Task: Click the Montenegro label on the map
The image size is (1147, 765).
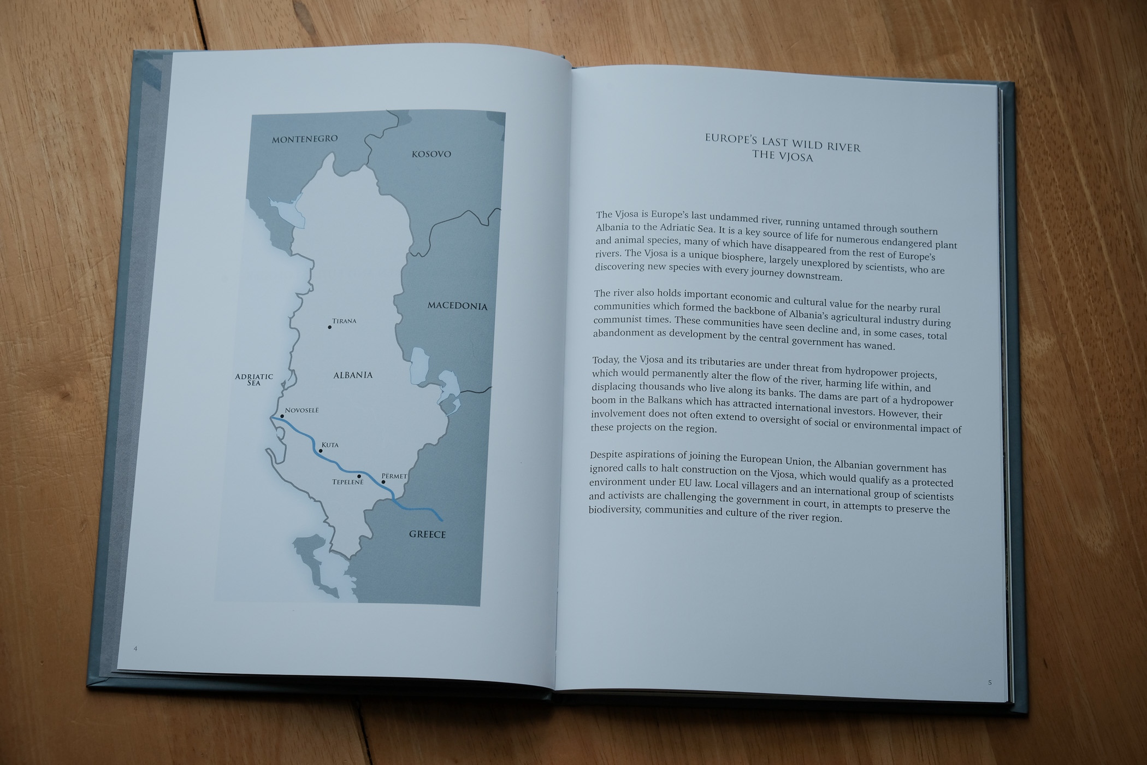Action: click(x=305, y=139)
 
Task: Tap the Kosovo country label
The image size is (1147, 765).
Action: click(x=431, y=154)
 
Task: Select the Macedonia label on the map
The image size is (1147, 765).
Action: click(x=457, y=306)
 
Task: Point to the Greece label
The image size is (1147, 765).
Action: click(x=428, y=534)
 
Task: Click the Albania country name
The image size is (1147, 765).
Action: click(x=353, y=375)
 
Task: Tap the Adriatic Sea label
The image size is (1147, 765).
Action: click(x=254, y=379)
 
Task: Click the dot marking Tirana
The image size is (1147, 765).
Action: click(x=330, y=327)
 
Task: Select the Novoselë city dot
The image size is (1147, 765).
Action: click(x=282, y=416)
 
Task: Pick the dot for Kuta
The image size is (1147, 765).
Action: click(x=321, y=451)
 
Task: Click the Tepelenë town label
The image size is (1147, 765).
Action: click(x=348, y=482)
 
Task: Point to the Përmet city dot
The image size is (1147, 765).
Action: click(x=383, y=482)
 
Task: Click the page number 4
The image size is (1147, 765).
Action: click(x=135, y=649)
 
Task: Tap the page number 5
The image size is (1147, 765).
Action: click(x=990, y=682)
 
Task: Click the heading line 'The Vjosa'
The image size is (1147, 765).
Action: click(x=783, y=156)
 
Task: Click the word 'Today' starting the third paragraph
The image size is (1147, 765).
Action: click(x=606, y=360)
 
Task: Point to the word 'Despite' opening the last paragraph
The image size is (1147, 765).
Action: click(x=608, y=455)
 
